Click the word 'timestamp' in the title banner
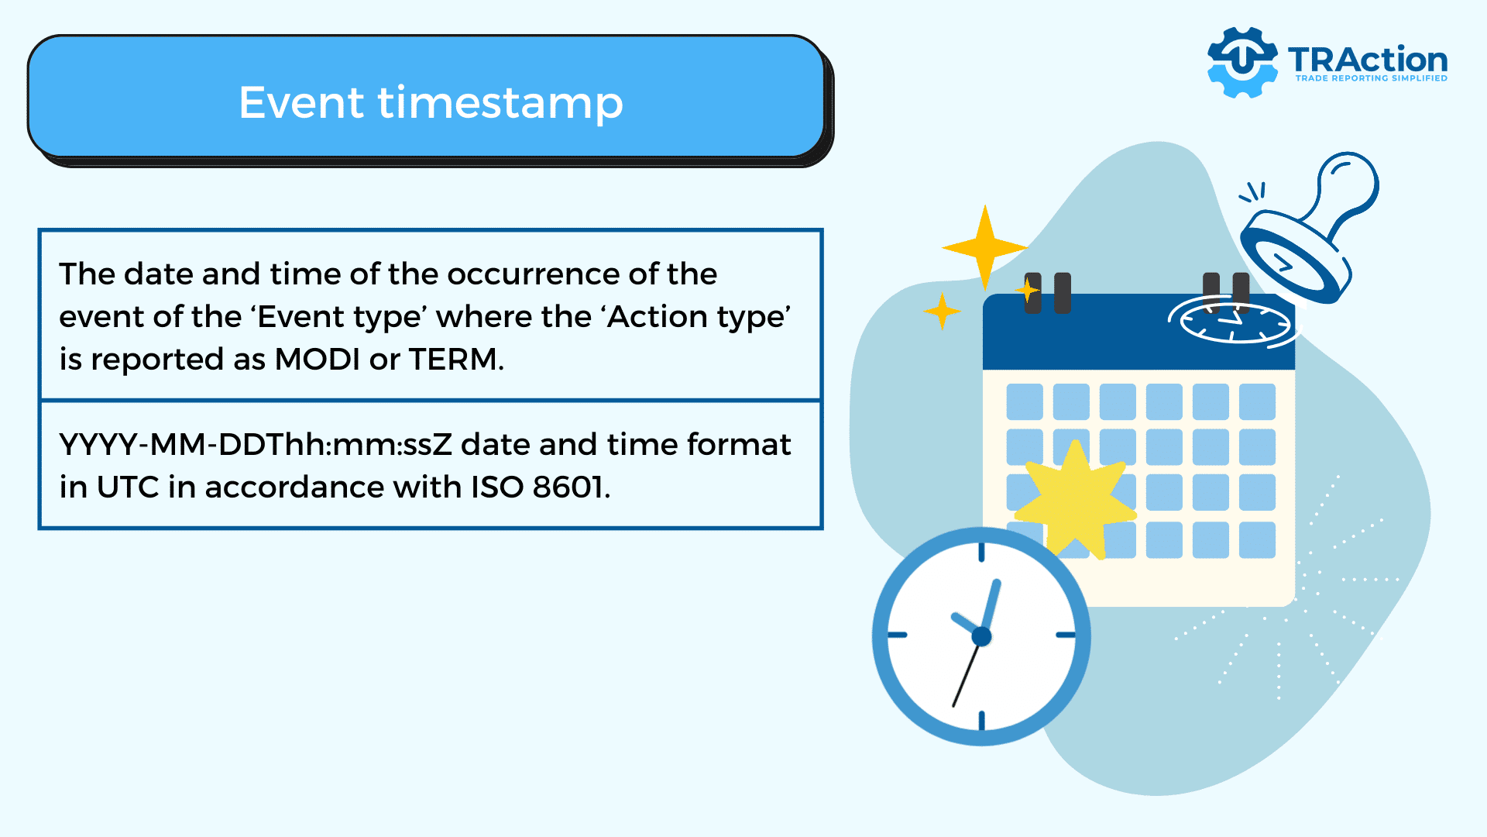[500, 104]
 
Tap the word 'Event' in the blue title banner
[301, 102]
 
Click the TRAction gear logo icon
[1242, 62]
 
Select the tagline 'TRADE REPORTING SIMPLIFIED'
[1372, 78]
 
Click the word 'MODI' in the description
[318, 359]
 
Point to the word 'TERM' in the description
[453, 359]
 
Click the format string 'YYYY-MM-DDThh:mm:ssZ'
[256, 445]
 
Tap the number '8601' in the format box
[568, 487]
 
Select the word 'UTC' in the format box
[128, 487]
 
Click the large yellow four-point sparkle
[984, 248]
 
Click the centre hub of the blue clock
[981, 637]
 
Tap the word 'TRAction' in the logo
[1368, 60]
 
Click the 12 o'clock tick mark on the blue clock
[981, 552]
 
